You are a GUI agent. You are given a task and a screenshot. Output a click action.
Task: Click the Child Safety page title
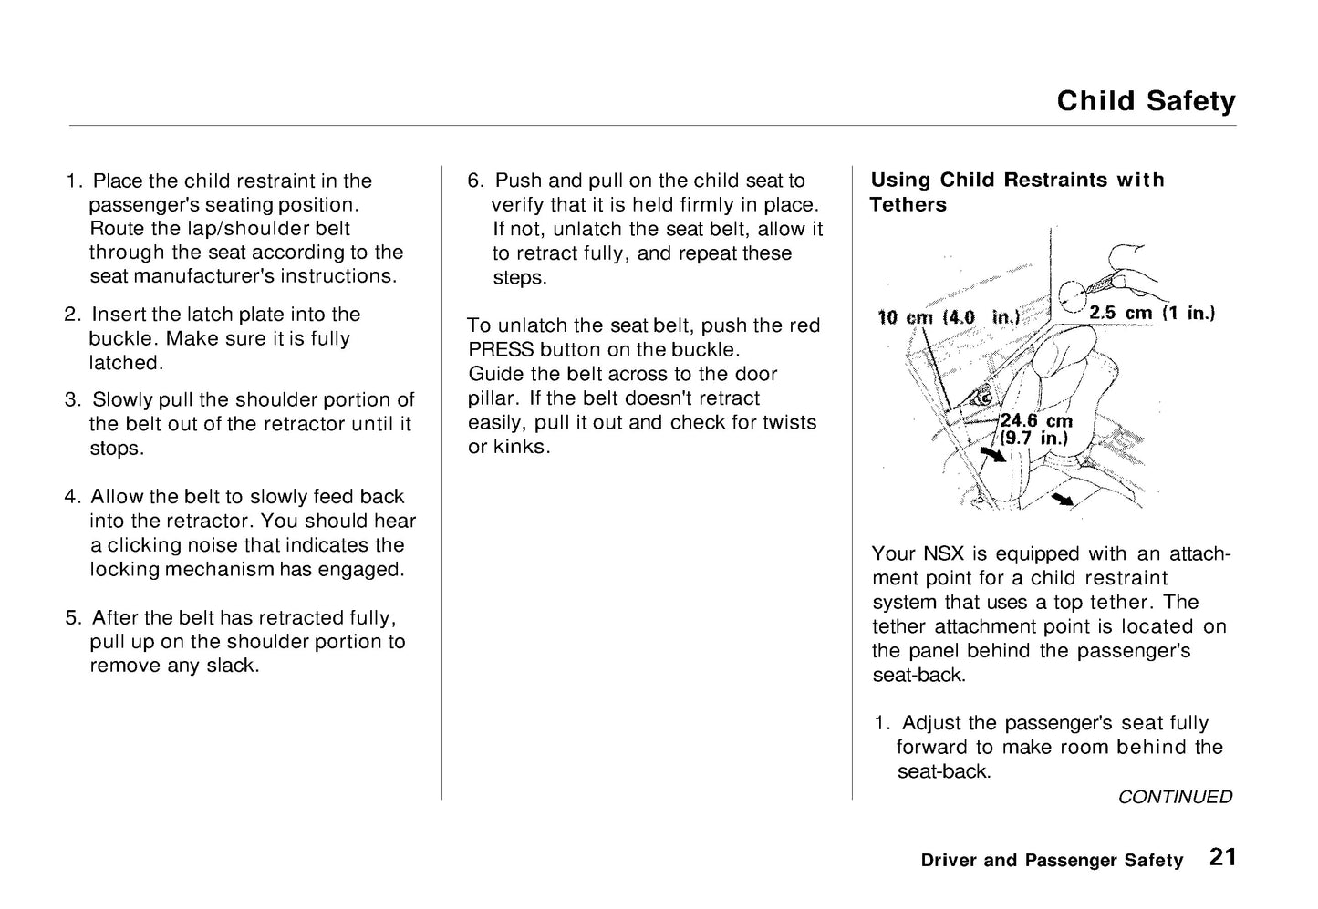click(x=1146, y=100)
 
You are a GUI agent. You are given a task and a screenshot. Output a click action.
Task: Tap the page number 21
click(x=1223, y=857)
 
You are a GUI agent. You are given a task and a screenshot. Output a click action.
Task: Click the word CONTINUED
click(x=1175, y=797)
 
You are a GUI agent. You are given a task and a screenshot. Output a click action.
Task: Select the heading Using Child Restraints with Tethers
click(x=1017, y=191)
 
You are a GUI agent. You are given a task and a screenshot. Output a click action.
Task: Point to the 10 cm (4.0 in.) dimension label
click(x=948, y=317)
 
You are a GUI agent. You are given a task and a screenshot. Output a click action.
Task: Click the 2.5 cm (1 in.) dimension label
click(x=1153, y=313)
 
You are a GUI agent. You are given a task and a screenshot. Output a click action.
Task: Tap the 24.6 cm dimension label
click(x=1036, y=420)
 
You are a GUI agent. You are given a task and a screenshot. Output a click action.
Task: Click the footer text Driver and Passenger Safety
click(x=1052, y=860)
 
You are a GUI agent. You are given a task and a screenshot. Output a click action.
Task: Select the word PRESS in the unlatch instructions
click(x=501, y=350)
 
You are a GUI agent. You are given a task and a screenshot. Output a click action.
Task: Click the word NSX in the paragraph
click(x=944, y=553)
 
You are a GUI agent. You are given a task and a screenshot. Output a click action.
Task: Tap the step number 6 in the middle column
click(x=474, y=181)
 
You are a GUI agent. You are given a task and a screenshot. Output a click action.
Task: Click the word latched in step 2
click(x=124, y=363)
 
